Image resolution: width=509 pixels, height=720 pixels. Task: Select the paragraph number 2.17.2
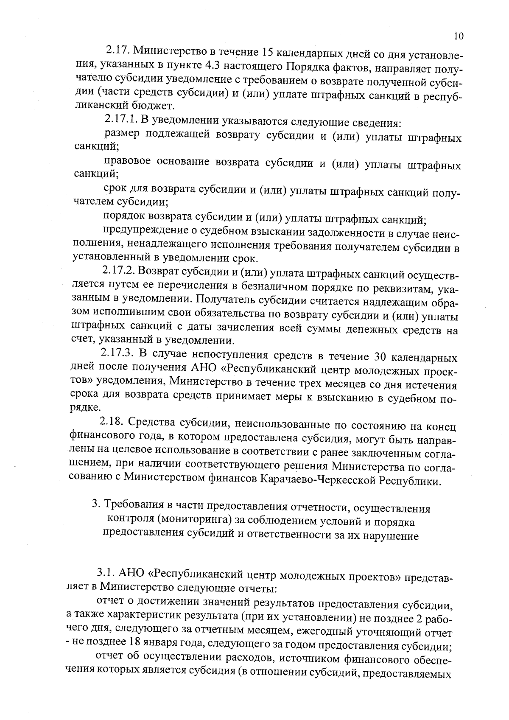pos(119,271)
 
